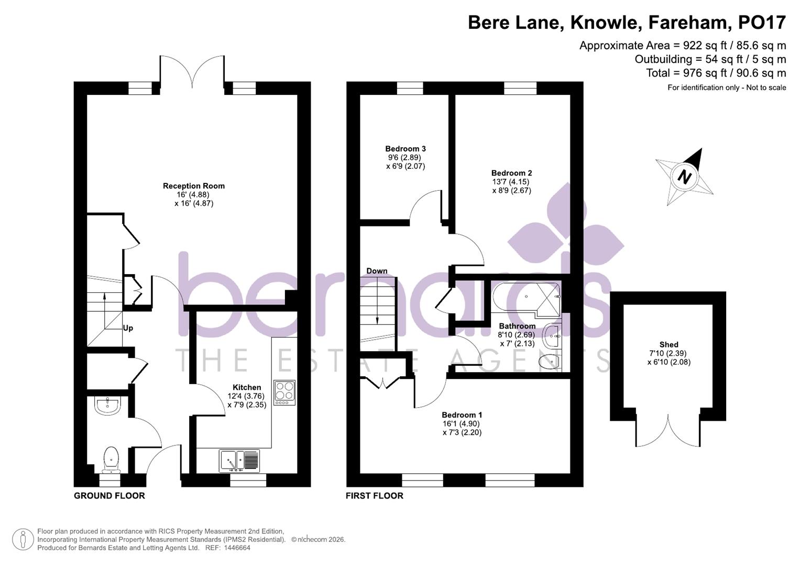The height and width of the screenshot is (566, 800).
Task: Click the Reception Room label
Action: [x=193, y=186]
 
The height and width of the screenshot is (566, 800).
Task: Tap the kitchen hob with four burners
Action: [x=284, y=393]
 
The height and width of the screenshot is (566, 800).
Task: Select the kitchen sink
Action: [x=239, y=461]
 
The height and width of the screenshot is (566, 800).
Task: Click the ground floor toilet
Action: [x=111, y=458]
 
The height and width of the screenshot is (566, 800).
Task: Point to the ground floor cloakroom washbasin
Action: [x=108, y=405]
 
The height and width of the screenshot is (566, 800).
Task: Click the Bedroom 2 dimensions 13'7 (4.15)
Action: [x=511, y=182]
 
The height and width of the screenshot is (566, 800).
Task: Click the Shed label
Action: [x=669, y=344]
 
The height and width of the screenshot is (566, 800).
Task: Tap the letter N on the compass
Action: [x=684, y=177]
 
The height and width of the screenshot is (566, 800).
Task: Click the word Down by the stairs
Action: [x=377, y=271]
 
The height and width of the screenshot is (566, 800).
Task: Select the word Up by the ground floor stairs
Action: [x=128, y=328]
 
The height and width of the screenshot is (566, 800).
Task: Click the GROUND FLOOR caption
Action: [x=109, y=496]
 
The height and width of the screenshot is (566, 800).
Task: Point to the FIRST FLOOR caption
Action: [x=374, y=496]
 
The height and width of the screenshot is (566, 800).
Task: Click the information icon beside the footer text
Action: [x=23, y=539]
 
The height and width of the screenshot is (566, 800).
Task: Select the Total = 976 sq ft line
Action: [x=716, y=73]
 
